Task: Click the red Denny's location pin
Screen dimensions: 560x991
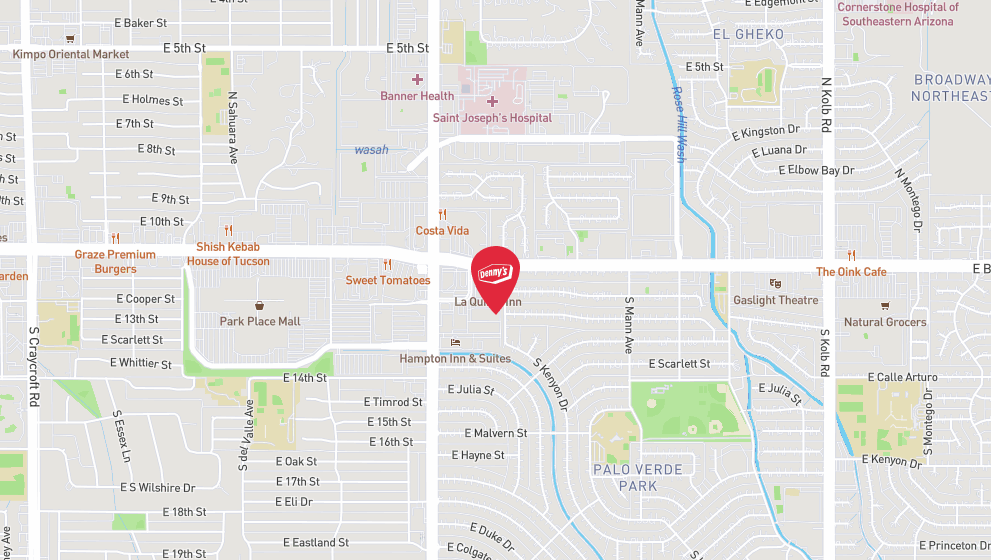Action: pyautogui.click(x=495, y=274)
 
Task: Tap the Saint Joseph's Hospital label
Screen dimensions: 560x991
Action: pyautogui.click(x=492, y=118)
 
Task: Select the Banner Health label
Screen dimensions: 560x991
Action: pyautogui.click(x=417, y=96)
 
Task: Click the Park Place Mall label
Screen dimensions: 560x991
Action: pyautogui.click(x=260, y=322)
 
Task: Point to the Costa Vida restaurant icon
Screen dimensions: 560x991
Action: pyautogui.click(x=442, y=215)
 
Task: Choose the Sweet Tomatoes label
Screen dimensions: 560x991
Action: pyautogui.click(x=388, y=281)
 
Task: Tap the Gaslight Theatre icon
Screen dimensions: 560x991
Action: pyautogui.click(x=774, y=284)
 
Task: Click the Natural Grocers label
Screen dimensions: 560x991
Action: pyautogui.click(x=885, y=322)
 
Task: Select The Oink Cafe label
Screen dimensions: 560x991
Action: pyautogui.click(x=851, y=272)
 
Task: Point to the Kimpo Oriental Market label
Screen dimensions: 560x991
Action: pyautogui.click(x=71, y=54)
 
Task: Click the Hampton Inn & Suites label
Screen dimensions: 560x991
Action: pyautogui.click(x=455, y=358)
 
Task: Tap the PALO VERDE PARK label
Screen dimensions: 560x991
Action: pyautogui.click(x=637, y=477)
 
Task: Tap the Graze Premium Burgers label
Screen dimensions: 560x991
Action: pyautogui.click(x=116, y=261)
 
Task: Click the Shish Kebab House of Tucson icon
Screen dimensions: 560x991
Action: pyautogui.click(x=228, y=231)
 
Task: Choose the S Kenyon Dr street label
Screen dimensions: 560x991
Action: pyautogui.click(x=550, y=385)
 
